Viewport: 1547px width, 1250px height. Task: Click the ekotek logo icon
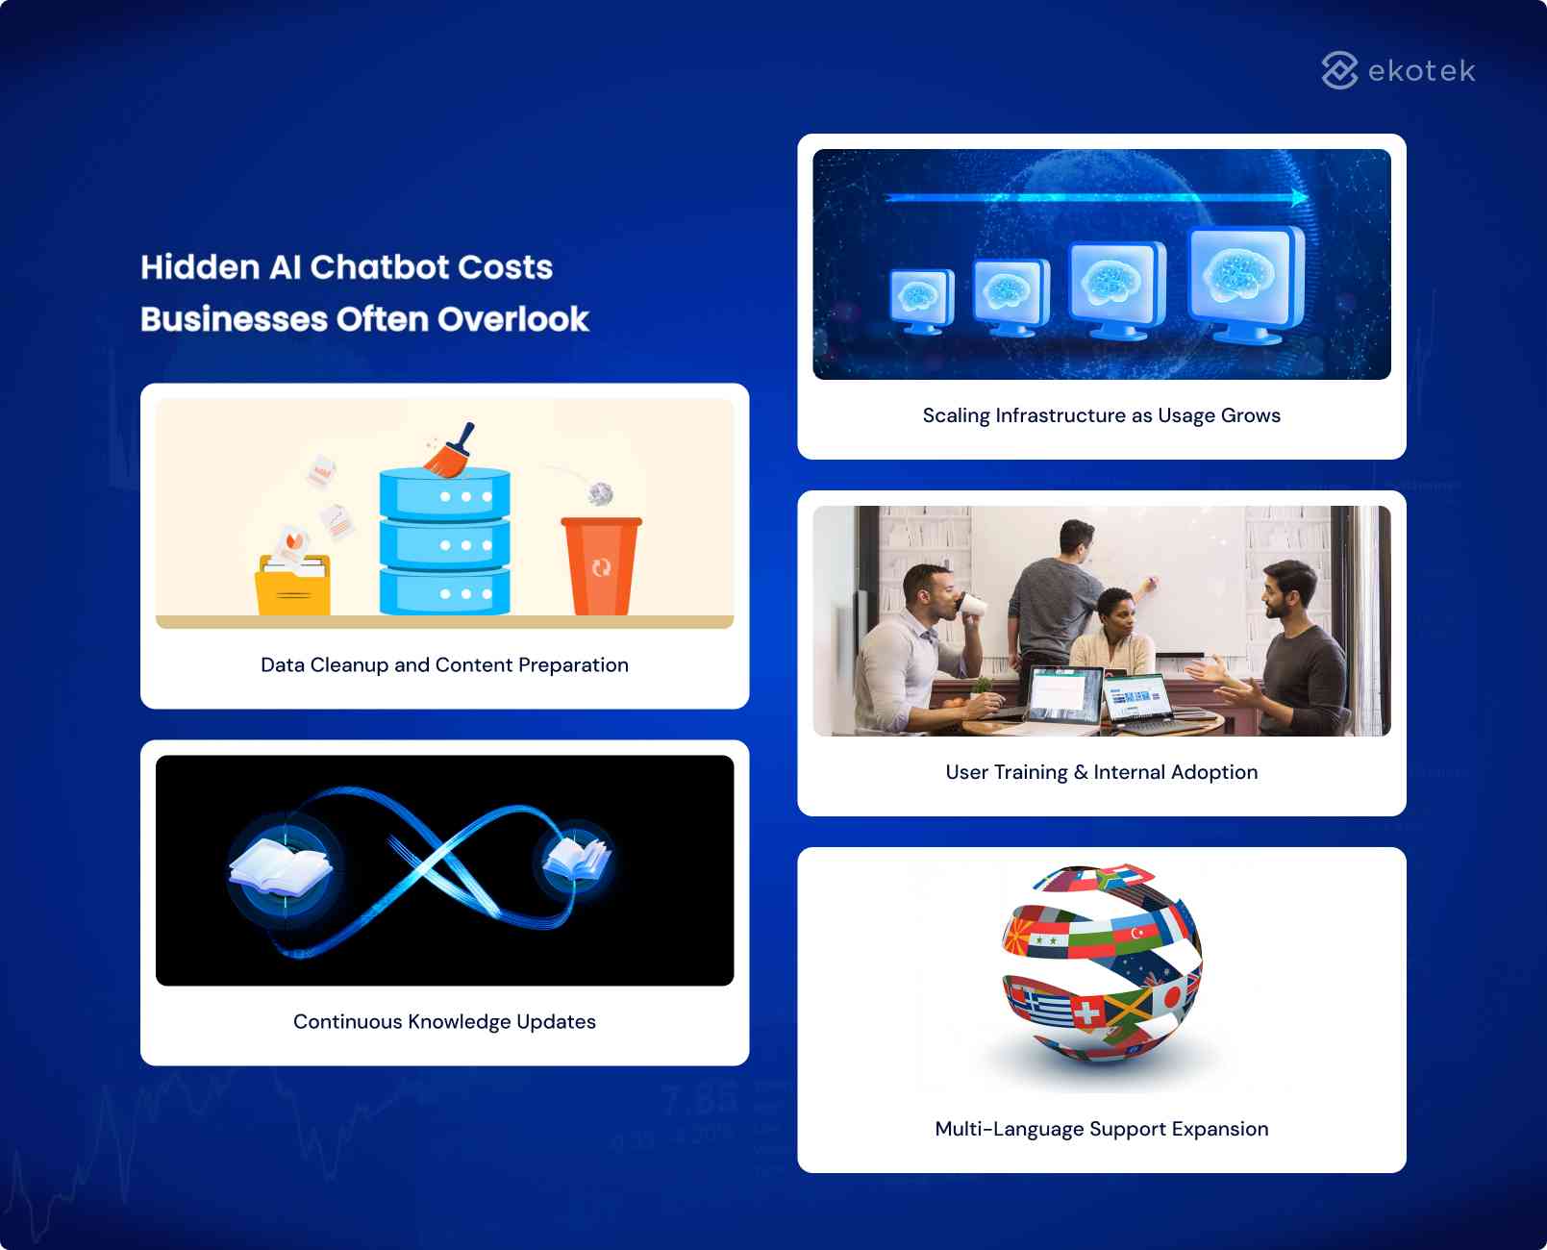click(1339, 70)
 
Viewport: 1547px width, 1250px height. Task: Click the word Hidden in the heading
click(200, 267)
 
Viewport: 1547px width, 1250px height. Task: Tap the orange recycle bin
click(601, 565)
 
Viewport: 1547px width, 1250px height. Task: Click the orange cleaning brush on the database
click(450, 452)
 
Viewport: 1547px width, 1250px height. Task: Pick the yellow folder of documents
click(292, 584)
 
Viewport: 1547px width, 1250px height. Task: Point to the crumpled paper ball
click(601, 494)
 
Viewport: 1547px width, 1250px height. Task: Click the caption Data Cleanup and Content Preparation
click(444, 664)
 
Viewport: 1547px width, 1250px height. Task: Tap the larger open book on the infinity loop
click(281, 867)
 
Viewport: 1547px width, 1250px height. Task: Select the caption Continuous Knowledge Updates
click(444, 1021)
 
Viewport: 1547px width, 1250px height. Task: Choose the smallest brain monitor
click(922, 301)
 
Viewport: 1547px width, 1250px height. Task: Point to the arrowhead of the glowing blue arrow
click(1301, 197)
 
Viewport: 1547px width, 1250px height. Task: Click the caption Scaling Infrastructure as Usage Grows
click(1101, 415)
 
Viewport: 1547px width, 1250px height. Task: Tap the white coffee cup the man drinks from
click(972, 604)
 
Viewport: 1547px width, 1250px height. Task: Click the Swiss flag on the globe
click(1085, 1012)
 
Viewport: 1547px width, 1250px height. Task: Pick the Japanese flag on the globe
click(1171, 996)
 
